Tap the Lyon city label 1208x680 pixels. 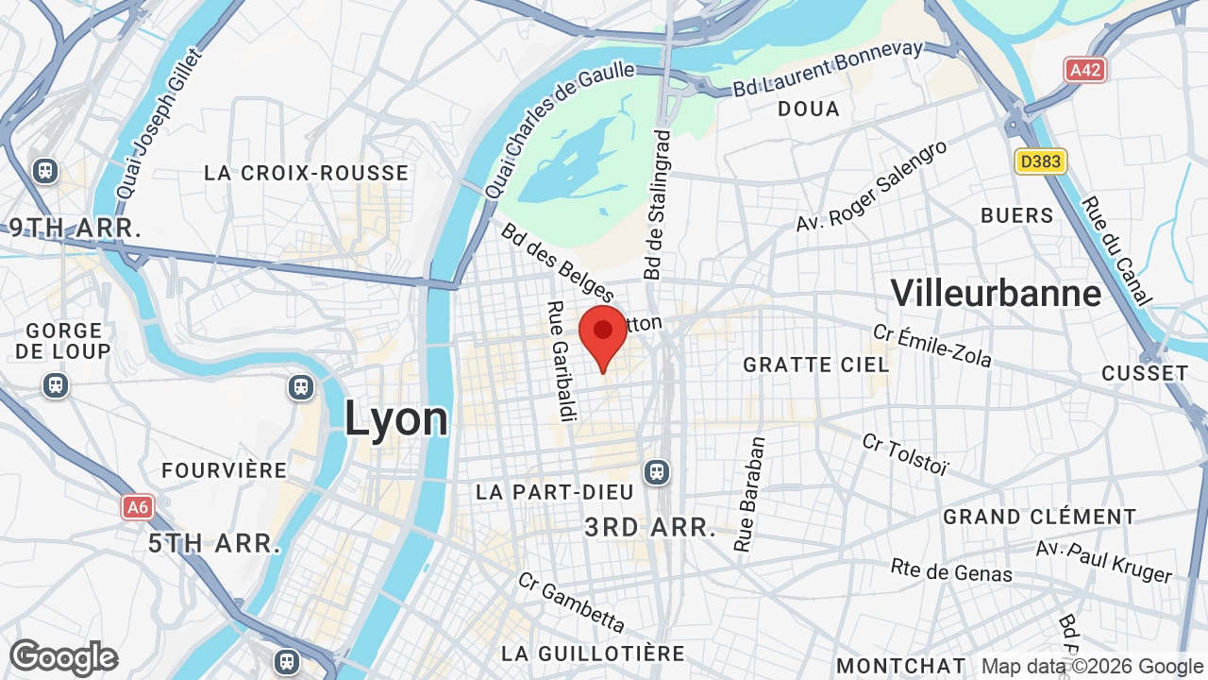point(395,418)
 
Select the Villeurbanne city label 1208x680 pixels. point(996,293)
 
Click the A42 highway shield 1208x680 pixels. point(1085,70)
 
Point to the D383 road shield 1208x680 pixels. point(1040,161)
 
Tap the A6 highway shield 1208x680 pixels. point(138,507)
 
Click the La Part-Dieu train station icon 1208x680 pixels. point(657,471)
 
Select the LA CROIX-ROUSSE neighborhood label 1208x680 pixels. point(307,173)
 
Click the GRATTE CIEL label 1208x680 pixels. point(815,365)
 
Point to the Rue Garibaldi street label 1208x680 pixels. point(561,361)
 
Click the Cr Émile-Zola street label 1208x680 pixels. point(931,346)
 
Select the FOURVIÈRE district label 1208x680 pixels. point(224,470)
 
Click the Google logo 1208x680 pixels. point(63,658)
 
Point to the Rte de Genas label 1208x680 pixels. point(951,570)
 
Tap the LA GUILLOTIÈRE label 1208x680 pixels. point(593,654)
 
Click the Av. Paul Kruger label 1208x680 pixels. point(1103,562)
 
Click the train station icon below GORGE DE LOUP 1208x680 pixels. point(56,385)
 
